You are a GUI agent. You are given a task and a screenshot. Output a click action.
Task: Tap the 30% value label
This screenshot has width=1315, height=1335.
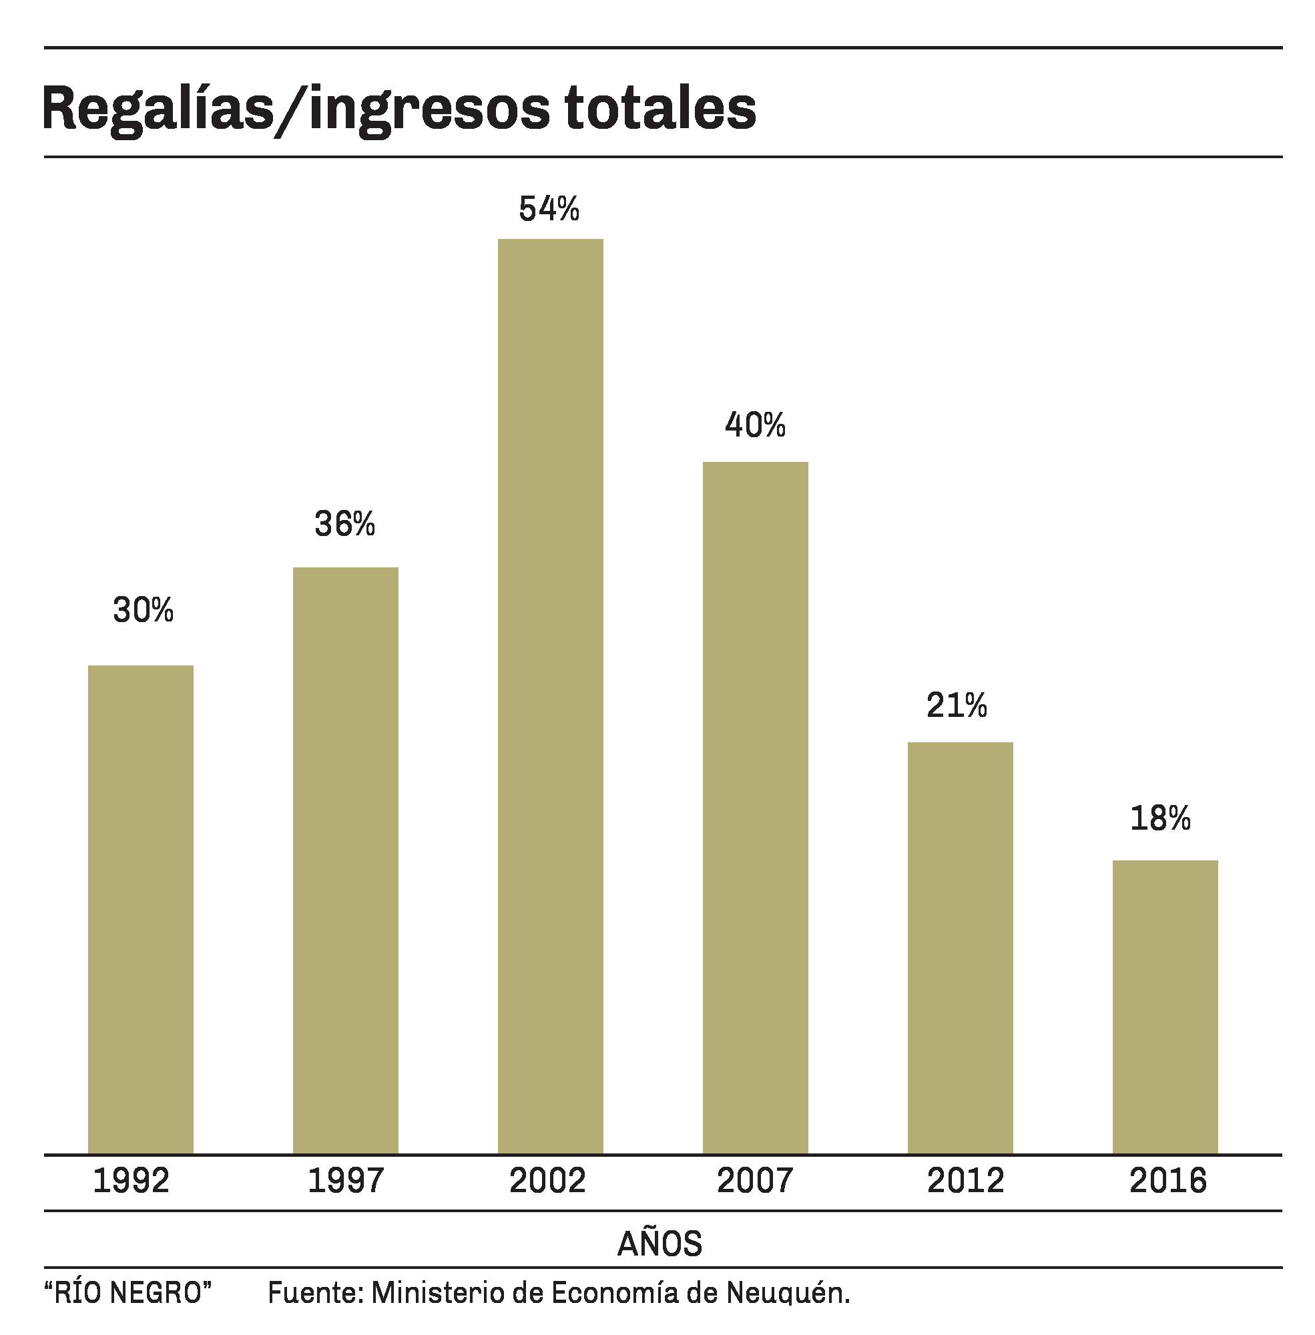point(143,610)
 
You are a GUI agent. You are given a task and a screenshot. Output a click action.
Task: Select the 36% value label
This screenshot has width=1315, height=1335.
point(344,524)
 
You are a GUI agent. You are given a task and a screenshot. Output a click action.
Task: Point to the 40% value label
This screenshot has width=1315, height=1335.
point(755,425)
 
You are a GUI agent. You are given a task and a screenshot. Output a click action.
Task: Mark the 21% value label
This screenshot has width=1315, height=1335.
point(957,705)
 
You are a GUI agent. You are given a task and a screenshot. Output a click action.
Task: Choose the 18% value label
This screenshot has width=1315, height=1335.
point(1160,818)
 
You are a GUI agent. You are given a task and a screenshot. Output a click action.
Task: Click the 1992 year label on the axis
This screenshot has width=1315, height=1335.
point(131,1180)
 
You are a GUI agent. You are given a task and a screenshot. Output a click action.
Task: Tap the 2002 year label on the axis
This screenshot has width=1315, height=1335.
point(547,1180)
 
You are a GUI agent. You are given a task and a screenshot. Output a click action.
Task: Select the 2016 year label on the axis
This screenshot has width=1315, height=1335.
point(1168,1180)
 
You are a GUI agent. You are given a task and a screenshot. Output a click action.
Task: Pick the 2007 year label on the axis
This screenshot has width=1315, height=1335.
point(755,1180)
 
